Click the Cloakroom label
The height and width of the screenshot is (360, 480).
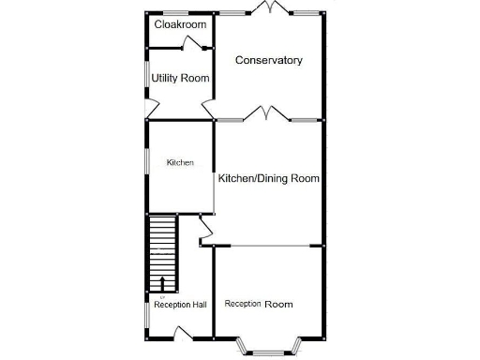coord(180,24)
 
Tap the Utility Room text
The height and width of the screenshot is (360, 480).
coord(180,78)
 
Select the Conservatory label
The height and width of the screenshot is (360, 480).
coord(269,60)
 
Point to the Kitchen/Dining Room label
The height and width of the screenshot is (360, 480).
coord(269,178)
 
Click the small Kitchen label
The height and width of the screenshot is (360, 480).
coord(180,162)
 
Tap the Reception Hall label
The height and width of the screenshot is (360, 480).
coord(180,305)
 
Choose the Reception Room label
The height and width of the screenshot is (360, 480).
coord(259,304)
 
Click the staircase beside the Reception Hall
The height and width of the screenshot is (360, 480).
coord(163,248)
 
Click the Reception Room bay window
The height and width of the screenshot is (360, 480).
coord(269,348)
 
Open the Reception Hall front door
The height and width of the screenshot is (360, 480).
coord(184,331)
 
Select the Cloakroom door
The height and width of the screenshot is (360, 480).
coord(195,42)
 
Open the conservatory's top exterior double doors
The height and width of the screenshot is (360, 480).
coord(269,9)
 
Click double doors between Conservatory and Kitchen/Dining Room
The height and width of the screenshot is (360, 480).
coord(266,114)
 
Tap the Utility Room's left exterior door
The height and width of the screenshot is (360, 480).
coord(147,111)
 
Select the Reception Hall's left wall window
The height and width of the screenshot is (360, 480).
coord(146,313)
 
